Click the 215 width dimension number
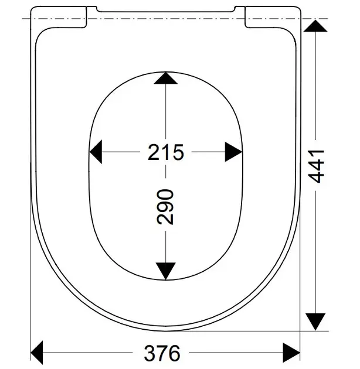[165, 152]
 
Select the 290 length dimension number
[165, 207]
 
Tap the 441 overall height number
[316, 166]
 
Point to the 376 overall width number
[162, 353]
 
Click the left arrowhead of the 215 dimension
[96, 152]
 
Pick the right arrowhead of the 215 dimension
[233, 152]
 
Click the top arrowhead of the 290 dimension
[165, 78]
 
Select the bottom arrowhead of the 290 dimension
[165, 271]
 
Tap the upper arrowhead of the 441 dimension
[315, 26]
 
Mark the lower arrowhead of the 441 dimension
[315, 322]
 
